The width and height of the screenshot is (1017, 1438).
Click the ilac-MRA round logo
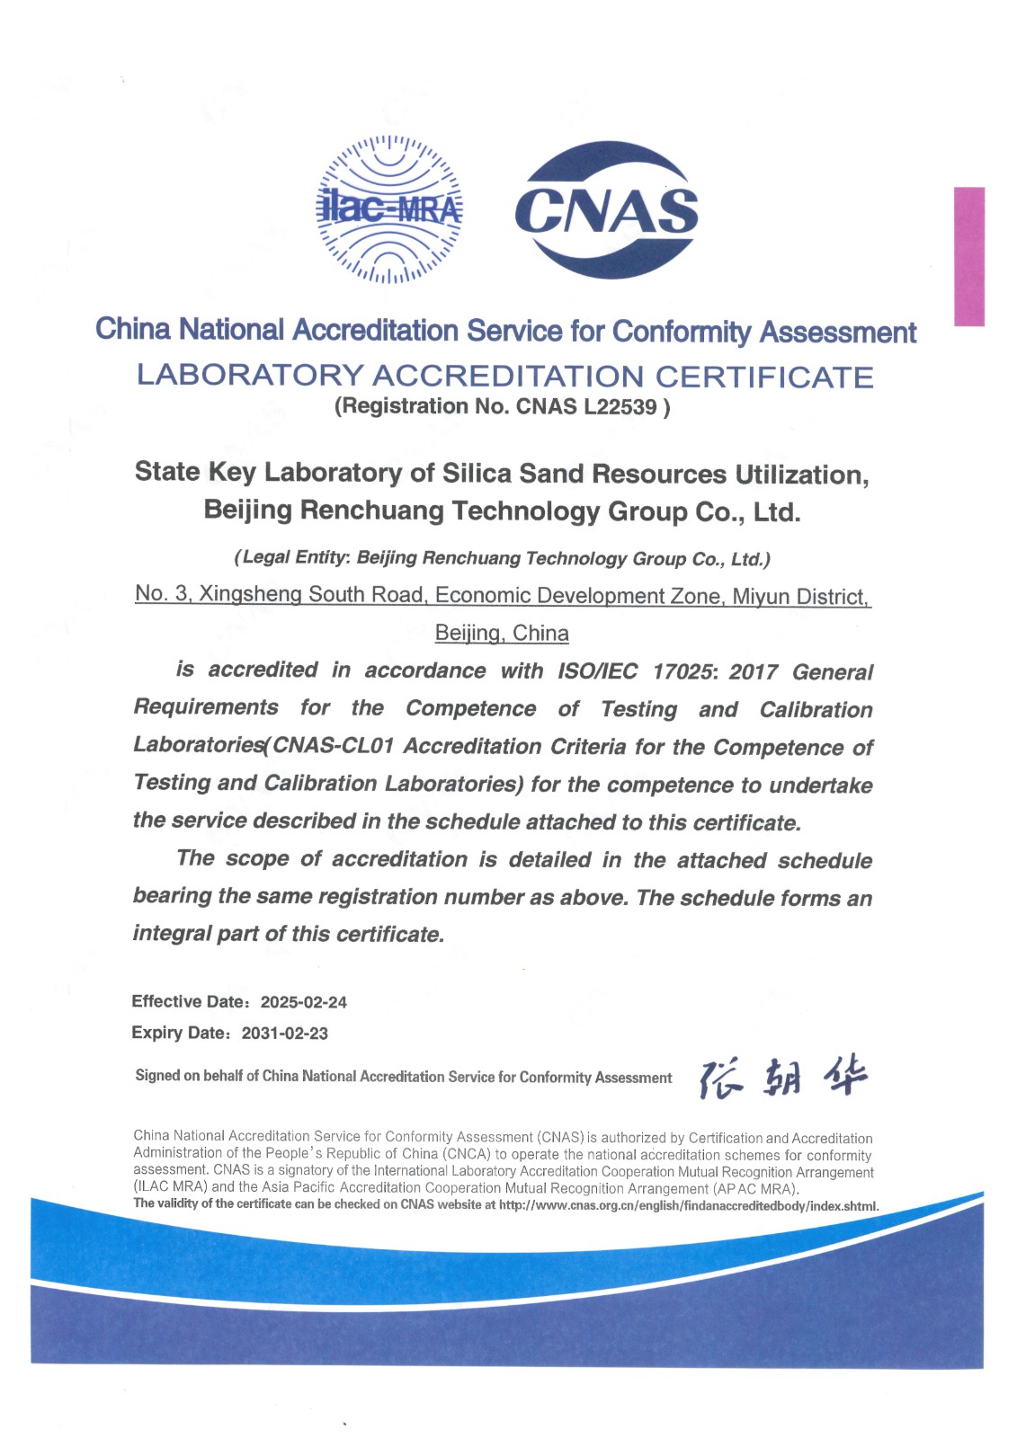[x=389, y=209]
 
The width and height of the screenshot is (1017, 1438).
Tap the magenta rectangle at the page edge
[x=968, y=256]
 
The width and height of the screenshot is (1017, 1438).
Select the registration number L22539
[x=620, y=407]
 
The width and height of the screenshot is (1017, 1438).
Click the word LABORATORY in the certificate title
[x=250, y=376]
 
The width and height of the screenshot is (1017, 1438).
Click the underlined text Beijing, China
[x=502, y=633]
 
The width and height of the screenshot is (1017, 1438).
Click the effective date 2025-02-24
[x=303, y=1002]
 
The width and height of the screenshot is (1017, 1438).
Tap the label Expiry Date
[x=180, y=1033]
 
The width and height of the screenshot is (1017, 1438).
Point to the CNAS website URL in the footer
[x=688, y=1205]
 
